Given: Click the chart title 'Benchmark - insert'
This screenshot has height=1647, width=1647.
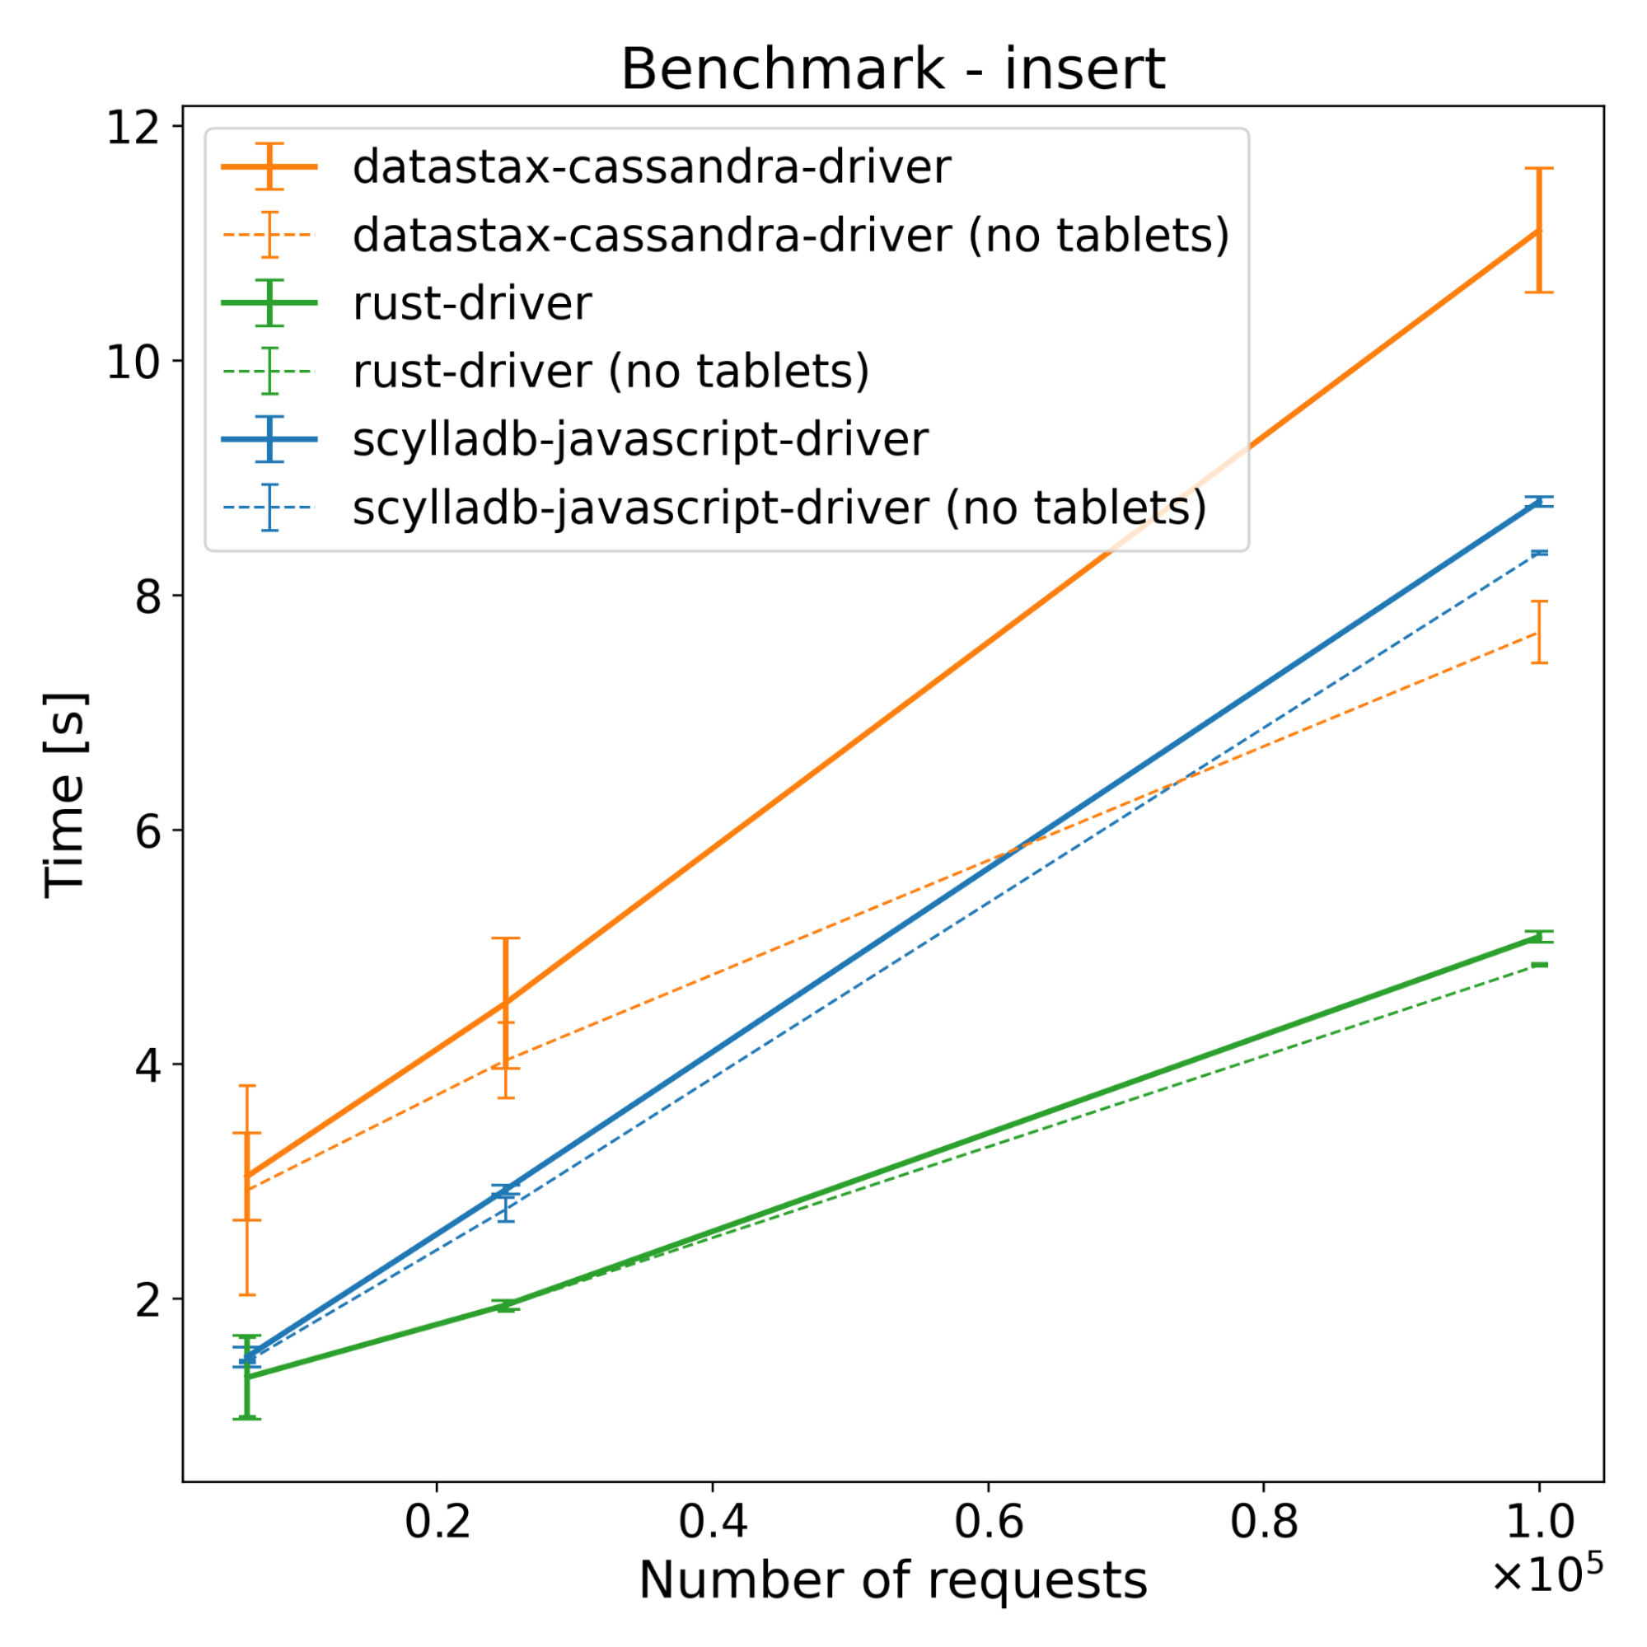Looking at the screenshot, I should click(x=892, y=69).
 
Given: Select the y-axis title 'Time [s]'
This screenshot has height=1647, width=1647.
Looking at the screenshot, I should click(x=65, y=794).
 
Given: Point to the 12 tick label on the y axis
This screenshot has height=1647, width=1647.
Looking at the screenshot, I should click(x=133, y=128).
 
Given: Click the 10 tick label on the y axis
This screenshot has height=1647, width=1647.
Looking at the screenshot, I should click(x=133, y=363).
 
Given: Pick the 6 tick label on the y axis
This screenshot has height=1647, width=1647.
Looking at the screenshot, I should click(x=147, y=831).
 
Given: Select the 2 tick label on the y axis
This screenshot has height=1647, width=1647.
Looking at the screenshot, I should click(x=147, y=1300).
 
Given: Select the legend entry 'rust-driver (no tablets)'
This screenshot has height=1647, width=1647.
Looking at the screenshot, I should click(x=611, y=371).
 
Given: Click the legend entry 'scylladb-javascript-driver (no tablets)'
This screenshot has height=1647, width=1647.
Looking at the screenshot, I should click(x=779, y=508).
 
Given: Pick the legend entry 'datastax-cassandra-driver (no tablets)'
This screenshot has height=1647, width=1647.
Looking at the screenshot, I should click(x=790, y=236).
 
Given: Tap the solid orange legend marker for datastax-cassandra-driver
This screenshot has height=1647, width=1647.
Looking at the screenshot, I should click(x=269, y=167).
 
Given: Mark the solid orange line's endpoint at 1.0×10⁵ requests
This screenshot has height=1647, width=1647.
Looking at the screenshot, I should click(x=1539, y=230).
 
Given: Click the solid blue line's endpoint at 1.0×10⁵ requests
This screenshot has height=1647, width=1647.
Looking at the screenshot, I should click(x=1539, y=502).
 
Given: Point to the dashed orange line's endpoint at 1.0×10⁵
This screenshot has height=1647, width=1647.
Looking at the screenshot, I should click(x=1539, y=633).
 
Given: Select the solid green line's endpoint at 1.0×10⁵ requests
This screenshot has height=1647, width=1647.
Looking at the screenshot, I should click(x=1539, y=937).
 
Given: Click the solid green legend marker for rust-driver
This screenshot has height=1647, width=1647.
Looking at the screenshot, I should click(x=269, y=303).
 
